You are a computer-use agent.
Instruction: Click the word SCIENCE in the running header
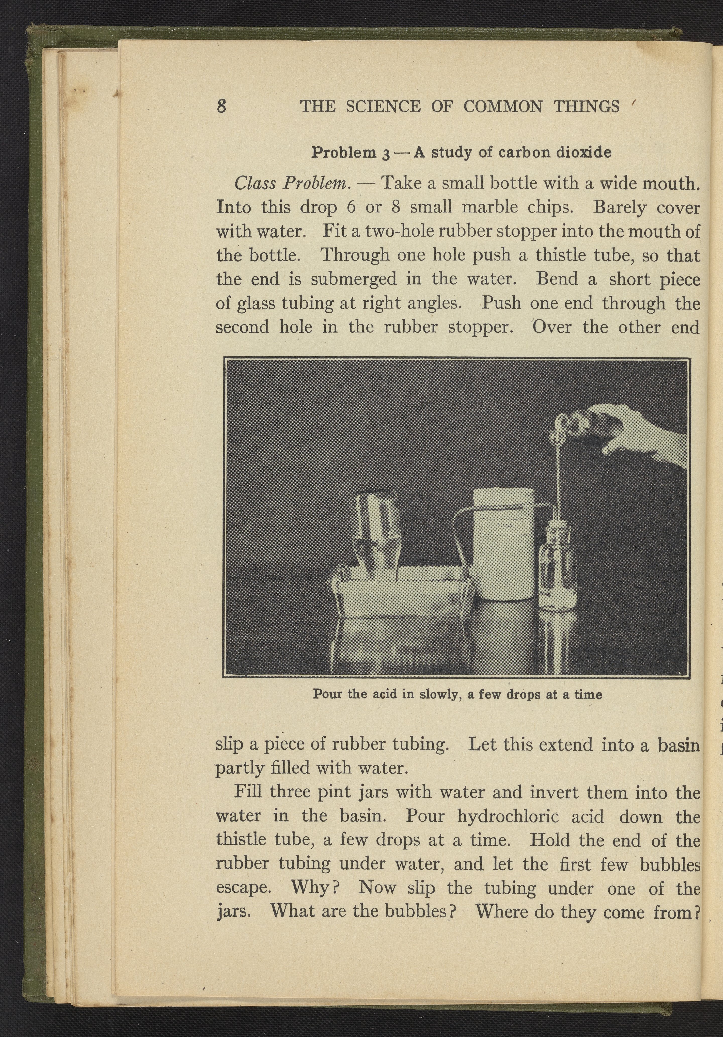click(383, 107)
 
